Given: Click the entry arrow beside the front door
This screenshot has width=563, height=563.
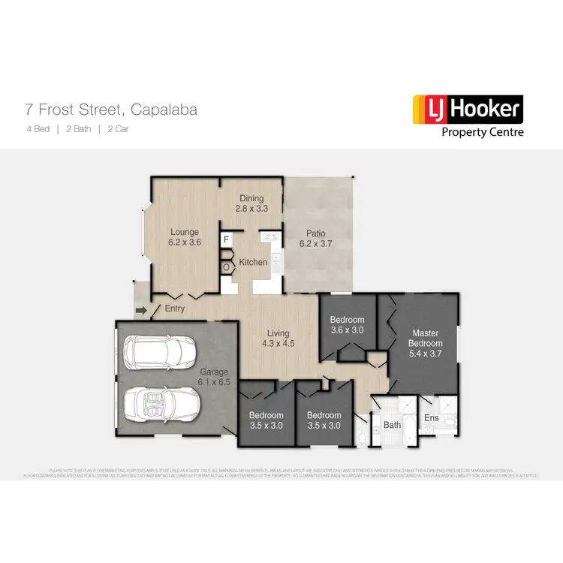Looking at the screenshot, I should [140, 309].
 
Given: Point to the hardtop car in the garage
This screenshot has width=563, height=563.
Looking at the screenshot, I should [156, 351].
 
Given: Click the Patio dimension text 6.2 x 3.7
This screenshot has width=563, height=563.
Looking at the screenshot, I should [315, 243].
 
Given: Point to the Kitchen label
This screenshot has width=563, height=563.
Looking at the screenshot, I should [253, 262].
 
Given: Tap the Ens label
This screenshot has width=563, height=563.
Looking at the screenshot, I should [431, 417].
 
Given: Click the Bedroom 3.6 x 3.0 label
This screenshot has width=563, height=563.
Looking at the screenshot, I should [347, 324].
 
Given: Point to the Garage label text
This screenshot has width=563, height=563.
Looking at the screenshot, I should [213, 372].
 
